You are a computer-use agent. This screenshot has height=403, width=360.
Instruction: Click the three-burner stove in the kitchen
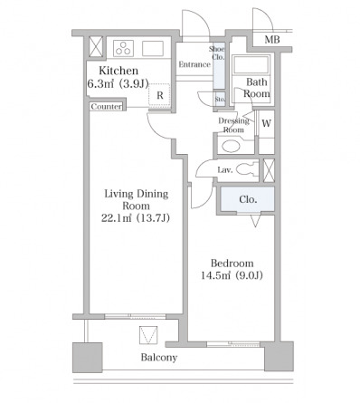pyautogui.click(x=123, y=48)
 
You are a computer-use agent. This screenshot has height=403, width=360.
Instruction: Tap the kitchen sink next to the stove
pyautogui.click(x=153, y=48)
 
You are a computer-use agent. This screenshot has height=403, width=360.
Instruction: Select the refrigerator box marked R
pyautogui.click(x=159, y=95)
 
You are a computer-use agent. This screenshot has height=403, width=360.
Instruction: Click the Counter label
pyautogui.click(x=107, y=107)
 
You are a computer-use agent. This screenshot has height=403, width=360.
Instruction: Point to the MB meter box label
pyautogui.click(x=272, y=40)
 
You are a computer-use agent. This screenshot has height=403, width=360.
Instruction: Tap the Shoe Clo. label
pyautogui.click(x=217, y=53)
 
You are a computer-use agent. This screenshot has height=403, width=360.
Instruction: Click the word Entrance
pyautogui.click(x=194, y=64)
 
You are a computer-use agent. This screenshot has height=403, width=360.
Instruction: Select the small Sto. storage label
pyautogui.click(x=220, y=100)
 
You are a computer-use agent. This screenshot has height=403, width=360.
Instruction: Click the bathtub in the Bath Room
pyautogui.click(x=251, y=64)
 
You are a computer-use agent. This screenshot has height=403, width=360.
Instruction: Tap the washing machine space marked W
pyautogui.click(x=266, y=124)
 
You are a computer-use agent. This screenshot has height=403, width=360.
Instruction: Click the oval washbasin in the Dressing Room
pyautogui.click(x=231, y=147)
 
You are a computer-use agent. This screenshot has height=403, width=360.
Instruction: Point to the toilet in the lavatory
pyautogui.click(x=248, y=169)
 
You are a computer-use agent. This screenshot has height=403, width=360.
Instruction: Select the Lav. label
pyautogui.click(x=225, y=170)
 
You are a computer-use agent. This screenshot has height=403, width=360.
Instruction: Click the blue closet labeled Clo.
pyautogui.click(x=248, y=199)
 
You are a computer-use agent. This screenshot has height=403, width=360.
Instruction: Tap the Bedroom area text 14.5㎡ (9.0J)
pyautogui.click(x=232, y=275)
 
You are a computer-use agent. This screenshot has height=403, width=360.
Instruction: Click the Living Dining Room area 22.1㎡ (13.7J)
pyautogui.click(x=136, y=217)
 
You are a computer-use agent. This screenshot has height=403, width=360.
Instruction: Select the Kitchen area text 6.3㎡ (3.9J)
pyautogui.click(x=118, y=83)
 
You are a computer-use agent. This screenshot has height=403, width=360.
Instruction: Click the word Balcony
pyautogui.click(x=159, y=358)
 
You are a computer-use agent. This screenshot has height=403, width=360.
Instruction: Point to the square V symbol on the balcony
pyautogui.click(x=148, y=335)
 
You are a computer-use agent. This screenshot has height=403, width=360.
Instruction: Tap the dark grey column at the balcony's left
pyautogui.click(x=87, y=358)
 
